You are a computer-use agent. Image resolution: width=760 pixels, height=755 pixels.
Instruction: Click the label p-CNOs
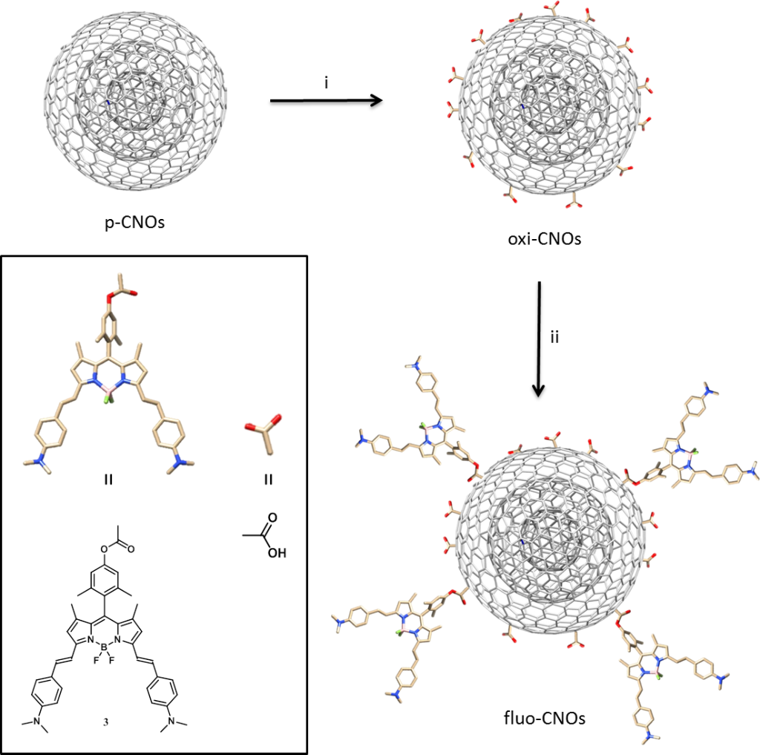tap(135, 222)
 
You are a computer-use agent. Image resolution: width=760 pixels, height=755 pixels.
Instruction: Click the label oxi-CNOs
tap(544, 238)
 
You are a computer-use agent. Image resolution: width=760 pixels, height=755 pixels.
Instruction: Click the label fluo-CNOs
tap(544, 717)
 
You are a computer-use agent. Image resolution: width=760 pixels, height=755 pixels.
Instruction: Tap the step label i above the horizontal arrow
tap(327, 83)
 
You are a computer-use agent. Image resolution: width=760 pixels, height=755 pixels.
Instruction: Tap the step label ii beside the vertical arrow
tap(554, 336)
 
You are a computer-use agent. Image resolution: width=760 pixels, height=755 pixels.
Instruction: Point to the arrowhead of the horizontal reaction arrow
tap(377, 101)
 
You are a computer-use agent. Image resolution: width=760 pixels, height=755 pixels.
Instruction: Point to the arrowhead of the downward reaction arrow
tap(539, 390)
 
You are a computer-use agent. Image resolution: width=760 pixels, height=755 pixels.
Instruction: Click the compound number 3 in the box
tap(105, 722)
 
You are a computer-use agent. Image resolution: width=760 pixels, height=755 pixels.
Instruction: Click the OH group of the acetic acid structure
tap(277, 553)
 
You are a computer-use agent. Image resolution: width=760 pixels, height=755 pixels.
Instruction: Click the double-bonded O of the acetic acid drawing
tap(272, 518)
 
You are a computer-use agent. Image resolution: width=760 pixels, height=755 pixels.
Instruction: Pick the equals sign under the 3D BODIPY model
tap(108, 480)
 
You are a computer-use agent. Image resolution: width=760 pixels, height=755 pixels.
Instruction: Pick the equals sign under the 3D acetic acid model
tap(268, 480)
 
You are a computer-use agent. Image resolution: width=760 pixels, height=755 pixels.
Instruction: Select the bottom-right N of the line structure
tap(170, 722)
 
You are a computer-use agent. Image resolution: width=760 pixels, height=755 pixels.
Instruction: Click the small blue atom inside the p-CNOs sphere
tap(108, 102)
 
